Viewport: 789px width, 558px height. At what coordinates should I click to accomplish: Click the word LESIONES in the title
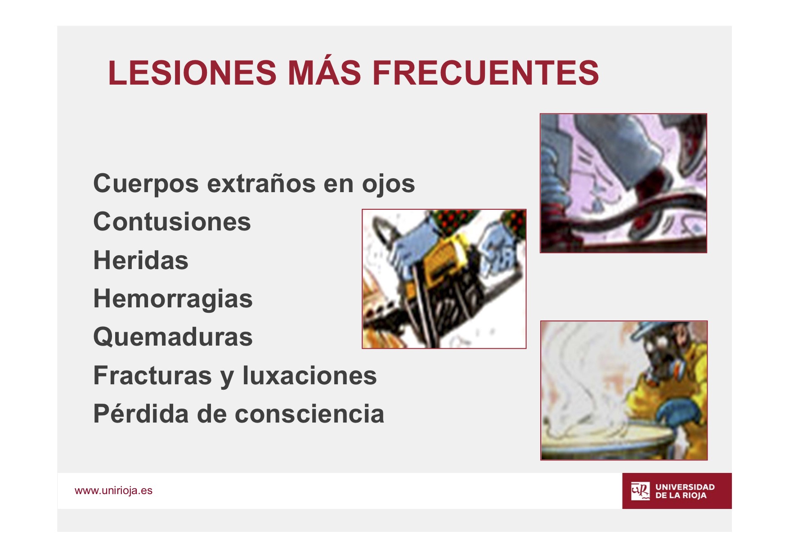pyautogui.click(x=192, y=72)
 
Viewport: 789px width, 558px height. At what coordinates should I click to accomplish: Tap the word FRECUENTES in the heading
pyautogui.click(x=486, y=72)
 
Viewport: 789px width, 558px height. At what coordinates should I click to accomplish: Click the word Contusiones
pyautogui.click(x=172, y=222)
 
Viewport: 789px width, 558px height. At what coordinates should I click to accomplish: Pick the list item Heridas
pyautogui.click(x=141, y=260)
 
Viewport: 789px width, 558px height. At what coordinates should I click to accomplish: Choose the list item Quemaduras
pyautogui.click(x=173, y=337)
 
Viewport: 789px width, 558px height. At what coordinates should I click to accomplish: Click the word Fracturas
pyautogui.click(x=152, y=375)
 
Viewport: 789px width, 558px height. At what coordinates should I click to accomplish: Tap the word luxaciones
pyautogui.click(x=309, y=375)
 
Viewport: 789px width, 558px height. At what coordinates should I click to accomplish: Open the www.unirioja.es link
pyautogui.click(x=113, y=490)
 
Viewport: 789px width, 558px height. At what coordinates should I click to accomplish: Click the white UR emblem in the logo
pyautogui.click(x=640, y=491)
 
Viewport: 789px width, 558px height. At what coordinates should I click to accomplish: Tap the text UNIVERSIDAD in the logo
pyautogui.click(x=685, y=487)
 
